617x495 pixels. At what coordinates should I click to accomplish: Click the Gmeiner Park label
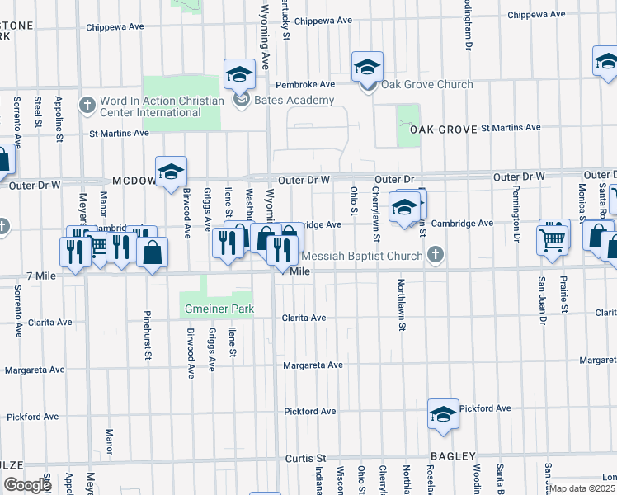217,309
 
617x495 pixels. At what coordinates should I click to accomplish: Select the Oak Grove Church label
426,84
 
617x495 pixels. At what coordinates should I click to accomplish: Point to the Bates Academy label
294,101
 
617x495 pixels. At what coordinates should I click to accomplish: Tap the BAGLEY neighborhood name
453,456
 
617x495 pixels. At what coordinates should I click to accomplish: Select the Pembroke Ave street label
304,84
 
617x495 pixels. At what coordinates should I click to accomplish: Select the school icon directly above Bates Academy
239,75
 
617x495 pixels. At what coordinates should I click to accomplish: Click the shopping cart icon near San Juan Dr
553,238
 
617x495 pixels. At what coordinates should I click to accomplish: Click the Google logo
26,485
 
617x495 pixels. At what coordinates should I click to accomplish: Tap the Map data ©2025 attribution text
582,488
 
